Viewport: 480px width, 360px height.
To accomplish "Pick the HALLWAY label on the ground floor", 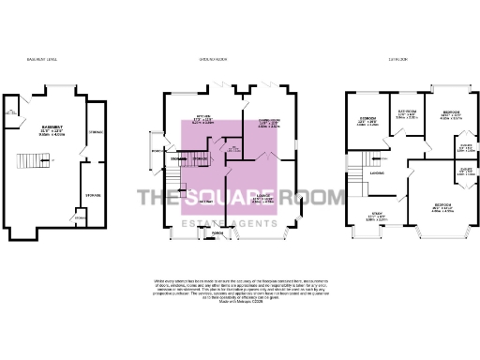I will [202, 201].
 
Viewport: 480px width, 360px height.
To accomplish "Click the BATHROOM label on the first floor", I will [403, 112].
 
